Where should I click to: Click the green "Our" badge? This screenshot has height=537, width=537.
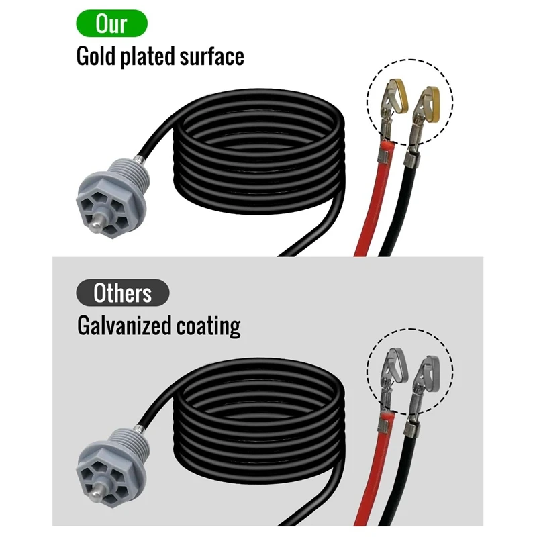coord(111,23)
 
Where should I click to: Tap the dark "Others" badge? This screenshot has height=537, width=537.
coord(122,293)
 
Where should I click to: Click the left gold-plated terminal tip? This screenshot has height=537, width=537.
coord(397,91)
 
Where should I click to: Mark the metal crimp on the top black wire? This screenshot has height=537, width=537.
coord(411,160)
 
